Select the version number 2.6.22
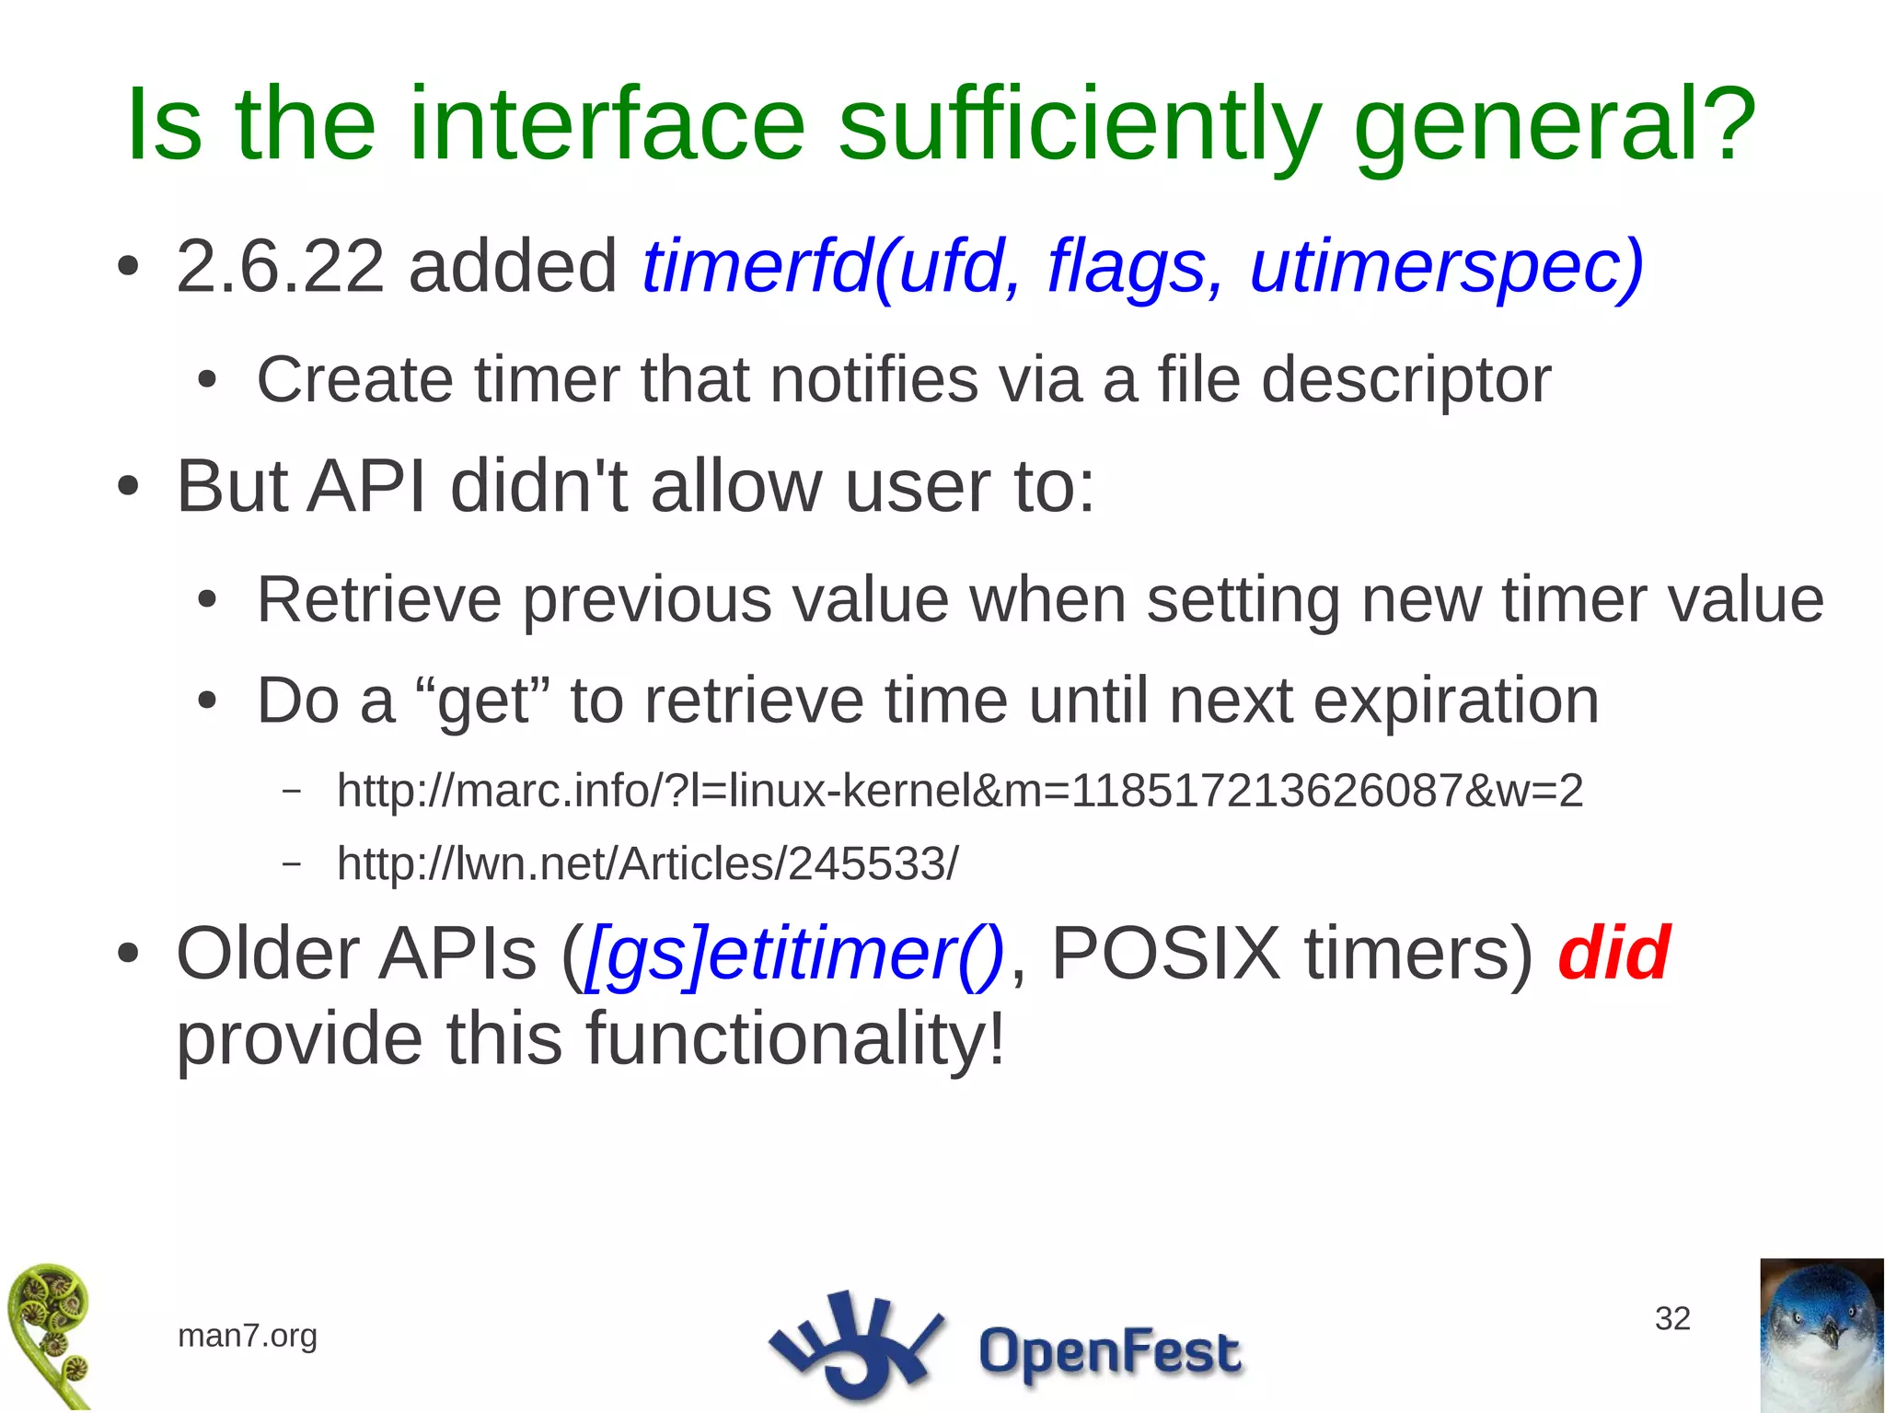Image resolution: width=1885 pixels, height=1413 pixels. point(280,267)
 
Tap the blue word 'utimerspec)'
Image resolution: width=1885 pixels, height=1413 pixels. point(1446,267)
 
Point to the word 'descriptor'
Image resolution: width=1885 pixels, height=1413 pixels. point(1405,379)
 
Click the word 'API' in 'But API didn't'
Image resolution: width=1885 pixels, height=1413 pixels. point(366,486)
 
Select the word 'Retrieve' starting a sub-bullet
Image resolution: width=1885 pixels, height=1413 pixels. point(378,599)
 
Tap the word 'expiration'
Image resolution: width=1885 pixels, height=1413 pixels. point(1455,701)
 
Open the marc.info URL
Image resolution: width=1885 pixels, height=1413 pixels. point(960,791)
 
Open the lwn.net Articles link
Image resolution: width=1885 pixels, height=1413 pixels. point(647,863)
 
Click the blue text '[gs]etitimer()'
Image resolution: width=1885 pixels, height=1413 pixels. point(794,954)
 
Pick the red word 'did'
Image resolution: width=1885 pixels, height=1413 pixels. point(1613,954)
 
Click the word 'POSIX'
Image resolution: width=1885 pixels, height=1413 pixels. point(1165,954)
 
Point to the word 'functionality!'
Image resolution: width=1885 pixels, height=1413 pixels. point(794,1038)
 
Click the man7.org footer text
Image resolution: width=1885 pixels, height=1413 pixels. point(247,1335)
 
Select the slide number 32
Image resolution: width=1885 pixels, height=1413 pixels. point(1672,1318)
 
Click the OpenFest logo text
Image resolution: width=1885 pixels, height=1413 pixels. point(1109,1351)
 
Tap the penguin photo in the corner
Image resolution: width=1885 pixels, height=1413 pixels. point(1821,1335)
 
